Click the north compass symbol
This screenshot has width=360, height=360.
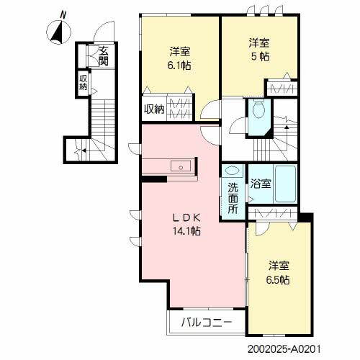pos(58,32)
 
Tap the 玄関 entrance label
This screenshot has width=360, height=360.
pos(104,56)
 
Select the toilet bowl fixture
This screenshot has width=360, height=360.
pos(258,109)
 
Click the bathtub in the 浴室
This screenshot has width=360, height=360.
pos(285,184)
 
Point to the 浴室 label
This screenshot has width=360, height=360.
pos(261,184)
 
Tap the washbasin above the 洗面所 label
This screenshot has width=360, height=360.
pos(233,171)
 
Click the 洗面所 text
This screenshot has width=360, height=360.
pos(233,198)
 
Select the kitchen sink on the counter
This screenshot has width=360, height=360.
pos(181,166)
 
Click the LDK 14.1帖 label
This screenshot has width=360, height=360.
pos(186,225)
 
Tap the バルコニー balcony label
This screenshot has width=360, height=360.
pos(207,323)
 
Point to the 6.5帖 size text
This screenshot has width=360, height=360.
pos(278,280)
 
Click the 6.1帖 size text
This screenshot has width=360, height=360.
pos(179,66)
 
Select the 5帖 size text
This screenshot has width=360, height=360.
pos(260,57)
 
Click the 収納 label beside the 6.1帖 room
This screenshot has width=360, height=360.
pos(154,109)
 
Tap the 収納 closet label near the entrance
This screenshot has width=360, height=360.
pos(83,82)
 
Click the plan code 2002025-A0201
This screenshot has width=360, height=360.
pos(284,349)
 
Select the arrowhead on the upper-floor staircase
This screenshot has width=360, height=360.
pos(287,127)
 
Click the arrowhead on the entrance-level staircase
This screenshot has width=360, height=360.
pos(84,150)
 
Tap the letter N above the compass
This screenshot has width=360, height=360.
pos(63,15)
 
